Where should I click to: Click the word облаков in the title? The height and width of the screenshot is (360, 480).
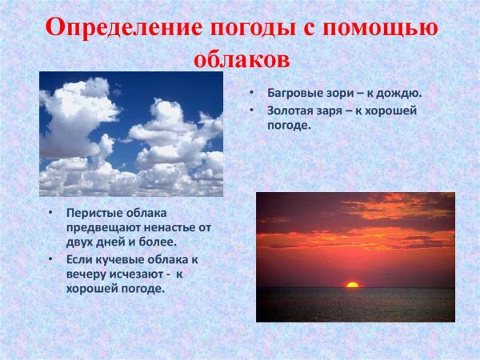click(x=240, y=58)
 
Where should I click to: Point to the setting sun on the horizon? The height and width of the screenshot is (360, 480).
click(x=351, y=283)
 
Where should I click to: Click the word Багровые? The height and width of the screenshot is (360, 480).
click(x=293, y=93)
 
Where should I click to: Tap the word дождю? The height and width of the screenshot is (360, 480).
click(x=398, y=93)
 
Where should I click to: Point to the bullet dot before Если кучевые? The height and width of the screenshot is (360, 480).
click(x=50, y=259)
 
